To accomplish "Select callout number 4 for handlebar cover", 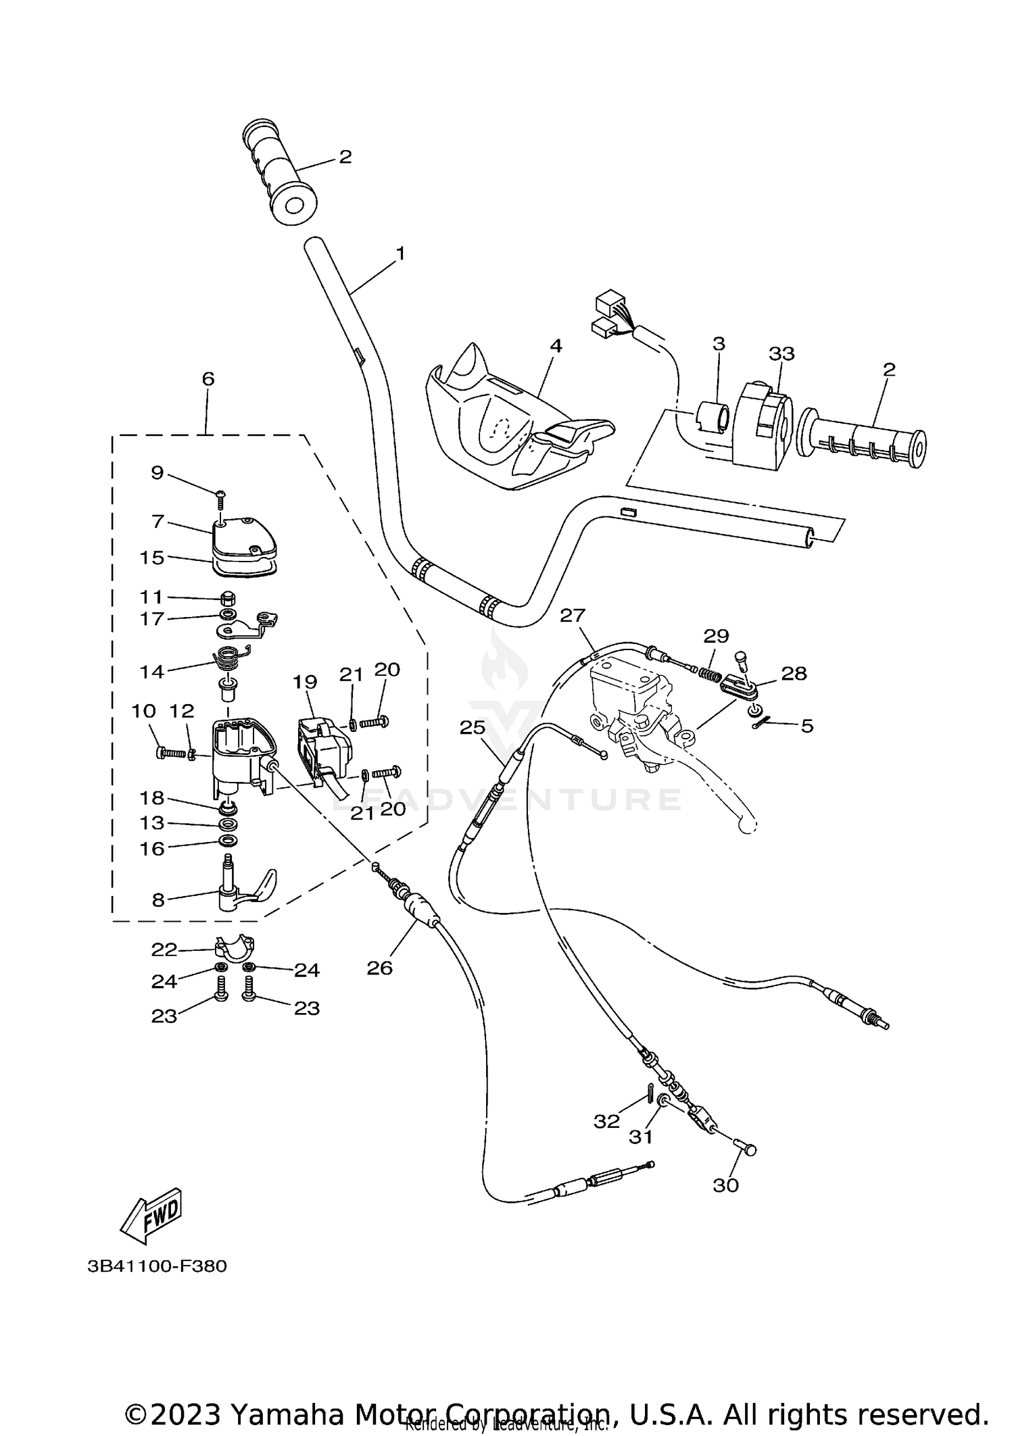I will point(556,346).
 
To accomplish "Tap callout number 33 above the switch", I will point(781,353).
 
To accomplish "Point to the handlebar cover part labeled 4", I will point(514,432).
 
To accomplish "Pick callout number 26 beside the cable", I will point(379,968).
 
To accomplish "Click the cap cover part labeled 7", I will point(240,535).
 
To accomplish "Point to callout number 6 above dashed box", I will point(208,379).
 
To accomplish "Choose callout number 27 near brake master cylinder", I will point(573,616).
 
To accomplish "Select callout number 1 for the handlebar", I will point(400,254).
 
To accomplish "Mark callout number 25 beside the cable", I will point(473,728).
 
